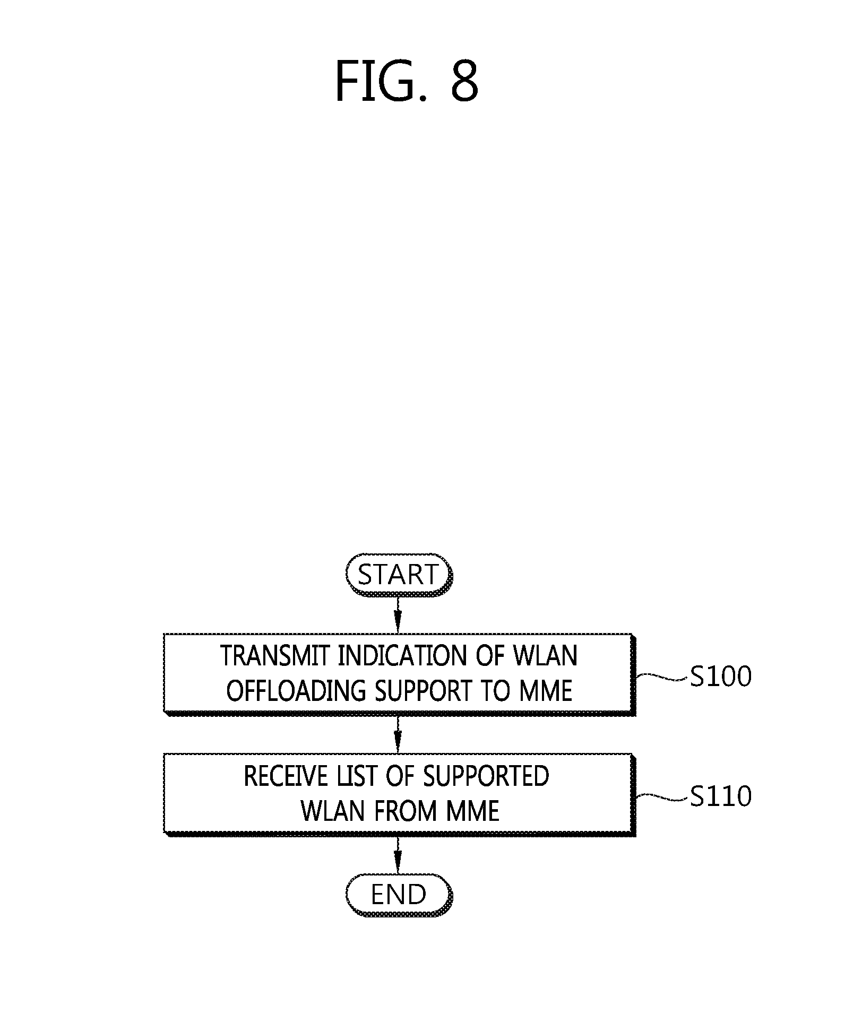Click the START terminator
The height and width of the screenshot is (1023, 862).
point(398,575)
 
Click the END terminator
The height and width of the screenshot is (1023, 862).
point(398,895)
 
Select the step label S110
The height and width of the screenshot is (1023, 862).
point(720,796)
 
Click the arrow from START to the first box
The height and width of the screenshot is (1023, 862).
point(398,614)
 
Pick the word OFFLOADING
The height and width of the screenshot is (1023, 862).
point(296,691)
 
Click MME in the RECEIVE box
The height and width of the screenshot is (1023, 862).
point(472,811)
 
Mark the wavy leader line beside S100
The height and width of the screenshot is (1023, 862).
point(661,677)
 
